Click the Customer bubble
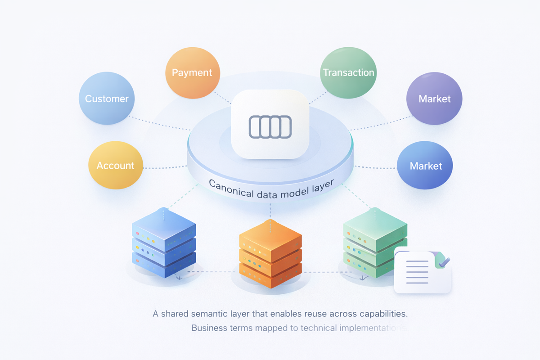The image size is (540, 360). click(x=107, y=98)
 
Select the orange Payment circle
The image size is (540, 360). click(x=193, y=72)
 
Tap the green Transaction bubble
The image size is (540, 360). click(x=348, y=72)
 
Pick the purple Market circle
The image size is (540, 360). click(x=434, y=99)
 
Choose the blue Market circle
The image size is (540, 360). click(x=425, y=165)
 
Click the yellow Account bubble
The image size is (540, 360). click(x=116, y=165)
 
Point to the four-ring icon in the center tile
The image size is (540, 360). click(x=270, y=127)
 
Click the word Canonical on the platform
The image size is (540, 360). click(x=231, y=189)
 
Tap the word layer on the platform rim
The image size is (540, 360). click(x=323, y=186)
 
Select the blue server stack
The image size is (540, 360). click(x=164, y=243)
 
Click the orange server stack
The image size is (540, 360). click(x=270, y=254)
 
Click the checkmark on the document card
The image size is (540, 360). click(x=444, y=262)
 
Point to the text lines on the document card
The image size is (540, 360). click(x=417, y=272)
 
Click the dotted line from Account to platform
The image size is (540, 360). click(x=165, y=167)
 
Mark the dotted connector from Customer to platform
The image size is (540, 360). click(x=160, y=123)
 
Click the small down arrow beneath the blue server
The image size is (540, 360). click(x=179, y=277)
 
